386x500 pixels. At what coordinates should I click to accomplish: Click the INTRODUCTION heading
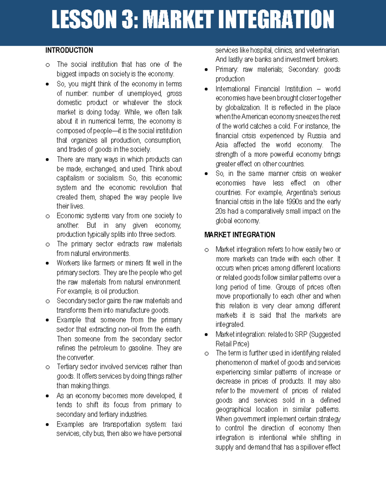69,50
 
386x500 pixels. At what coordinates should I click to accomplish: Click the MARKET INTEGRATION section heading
240,235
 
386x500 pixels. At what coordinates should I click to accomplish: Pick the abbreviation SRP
301,334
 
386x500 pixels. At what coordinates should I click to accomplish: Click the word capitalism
70,178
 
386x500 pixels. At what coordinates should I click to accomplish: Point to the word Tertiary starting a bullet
67,367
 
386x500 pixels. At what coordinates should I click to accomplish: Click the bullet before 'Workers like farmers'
48,263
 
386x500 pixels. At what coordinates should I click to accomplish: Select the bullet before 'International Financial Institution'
206,89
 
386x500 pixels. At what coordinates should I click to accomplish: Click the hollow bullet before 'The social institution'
48,65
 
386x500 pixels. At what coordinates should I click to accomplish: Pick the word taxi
177,424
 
